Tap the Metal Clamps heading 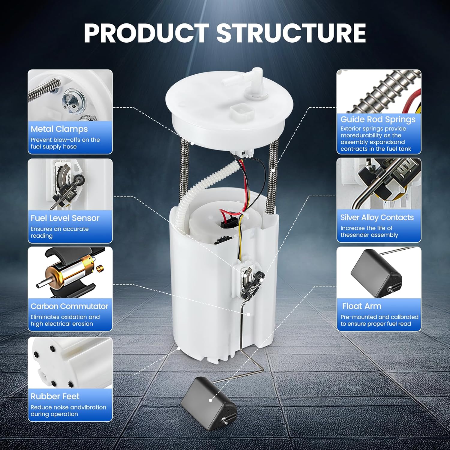coord(59,129)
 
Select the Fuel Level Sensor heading coord(65,218)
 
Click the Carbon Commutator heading coord(69,306)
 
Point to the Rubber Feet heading coord(55,396)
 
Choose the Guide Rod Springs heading coord(378,119)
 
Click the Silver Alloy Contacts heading coord(377,217)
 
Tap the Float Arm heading coord(361,306)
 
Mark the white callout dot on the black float coord(211,400)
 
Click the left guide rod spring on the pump coord(184,168)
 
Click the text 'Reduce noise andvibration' coord(68,407)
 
